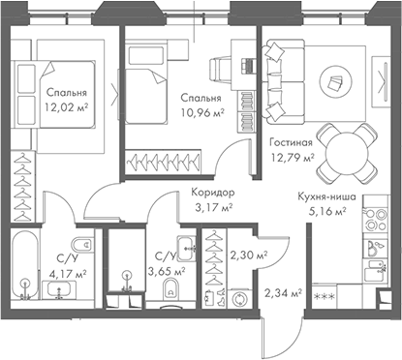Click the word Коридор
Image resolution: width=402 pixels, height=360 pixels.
pyautogui.click(x=213, y=193)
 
